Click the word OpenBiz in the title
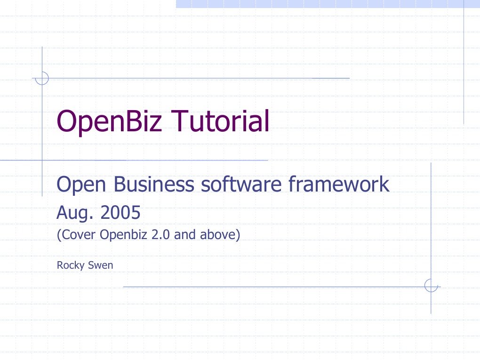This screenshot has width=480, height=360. pos(109,121)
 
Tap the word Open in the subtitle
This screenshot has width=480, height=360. pos(81,185)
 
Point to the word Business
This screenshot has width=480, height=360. pos(154,184)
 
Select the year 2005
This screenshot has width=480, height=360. pos(120,212)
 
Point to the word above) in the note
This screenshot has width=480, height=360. pos(220,235)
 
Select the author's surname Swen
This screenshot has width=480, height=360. pos(100,265)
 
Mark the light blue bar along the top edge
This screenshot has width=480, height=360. pos(328,4)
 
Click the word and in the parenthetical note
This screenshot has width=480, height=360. pos(185,234)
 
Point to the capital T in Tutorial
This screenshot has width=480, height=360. pos(180,121)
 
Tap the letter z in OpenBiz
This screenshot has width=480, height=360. pos(155,124)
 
